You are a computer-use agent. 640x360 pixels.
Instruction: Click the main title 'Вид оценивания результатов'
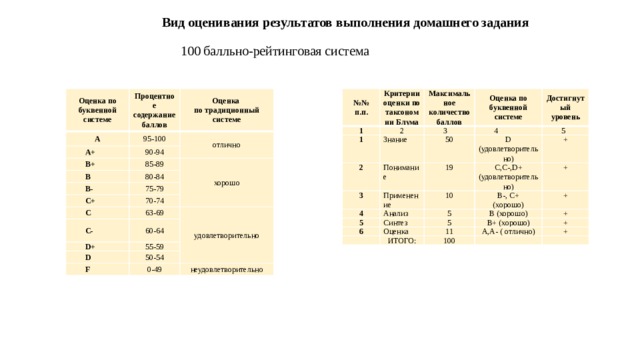(345, 22)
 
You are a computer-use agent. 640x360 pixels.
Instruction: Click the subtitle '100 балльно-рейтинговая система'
(275, 51)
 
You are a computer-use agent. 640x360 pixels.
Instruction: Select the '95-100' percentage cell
(154, 138)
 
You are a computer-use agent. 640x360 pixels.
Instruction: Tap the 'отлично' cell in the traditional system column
(226, 146)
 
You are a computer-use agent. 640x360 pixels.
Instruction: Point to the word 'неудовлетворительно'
(227, 270)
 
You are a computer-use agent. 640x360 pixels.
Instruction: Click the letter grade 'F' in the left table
(89, 269)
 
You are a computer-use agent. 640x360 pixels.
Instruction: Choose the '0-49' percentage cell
(154, 269)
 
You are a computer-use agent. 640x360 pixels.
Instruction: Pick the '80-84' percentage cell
(154, 176)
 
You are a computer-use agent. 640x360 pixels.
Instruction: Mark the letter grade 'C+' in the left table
(90, 200)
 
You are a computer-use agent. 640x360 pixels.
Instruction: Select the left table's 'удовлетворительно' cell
(228, 236)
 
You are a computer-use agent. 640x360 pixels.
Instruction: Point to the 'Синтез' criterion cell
(369, 222)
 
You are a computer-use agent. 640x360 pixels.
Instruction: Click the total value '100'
(450, 240)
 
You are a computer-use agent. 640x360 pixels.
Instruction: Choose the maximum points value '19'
(450, 167)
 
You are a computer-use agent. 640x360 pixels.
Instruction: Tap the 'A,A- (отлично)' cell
(509, 231)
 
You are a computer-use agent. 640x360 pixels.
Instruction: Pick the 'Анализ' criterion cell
(369, 213)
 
